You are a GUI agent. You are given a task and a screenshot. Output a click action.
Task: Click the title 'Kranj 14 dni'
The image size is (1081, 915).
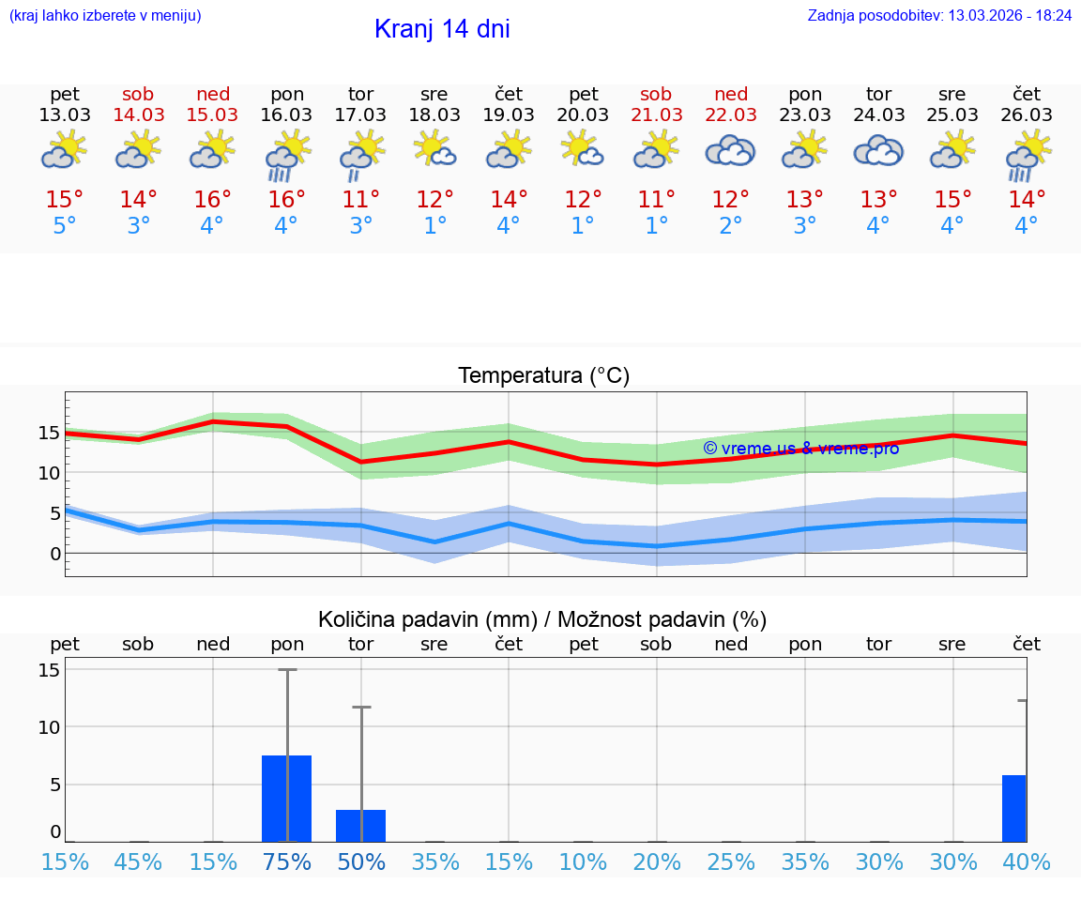(442, 29)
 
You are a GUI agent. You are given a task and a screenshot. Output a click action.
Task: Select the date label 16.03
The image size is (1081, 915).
(286, 114)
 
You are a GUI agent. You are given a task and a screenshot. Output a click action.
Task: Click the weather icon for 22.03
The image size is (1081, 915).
(730, 150)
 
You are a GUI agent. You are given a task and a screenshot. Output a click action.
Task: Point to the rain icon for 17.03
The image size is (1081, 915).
(360, 151)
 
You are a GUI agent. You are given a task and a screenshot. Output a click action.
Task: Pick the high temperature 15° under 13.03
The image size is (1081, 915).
(65, 200)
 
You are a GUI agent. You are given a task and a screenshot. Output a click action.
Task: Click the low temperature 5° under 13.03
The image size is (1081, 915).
(65, 226)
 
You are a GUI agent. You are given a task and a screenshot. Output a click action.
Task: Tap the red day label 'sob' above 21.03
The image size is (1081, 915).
(656, 94)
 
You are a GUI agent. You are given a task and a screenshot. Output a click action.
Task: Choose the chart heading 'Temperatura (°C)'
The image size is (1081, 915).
(543, 376)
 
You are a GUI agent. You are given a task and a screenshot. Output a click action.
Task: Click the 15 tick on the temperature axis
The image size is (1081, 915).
(49, 433)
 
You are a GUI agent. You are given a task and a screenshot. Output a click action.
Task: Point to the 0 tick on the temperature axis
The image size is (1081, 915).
(54, 554)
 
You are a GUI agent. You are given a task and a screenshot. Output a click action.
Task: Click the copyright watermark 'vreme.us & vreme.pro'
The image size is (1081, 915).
(801, 448)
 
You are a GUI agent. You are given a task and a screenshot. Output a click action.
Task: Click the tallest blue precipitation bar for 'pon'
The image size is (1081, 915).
(286, 798)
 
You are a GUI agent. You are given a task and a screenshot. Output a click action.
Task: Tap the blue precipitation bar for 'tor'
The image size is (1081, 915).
(360, 825)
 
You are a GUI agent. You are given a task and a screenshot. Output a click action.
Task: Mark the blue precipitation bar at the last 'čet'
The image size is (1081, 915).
(1014, 808)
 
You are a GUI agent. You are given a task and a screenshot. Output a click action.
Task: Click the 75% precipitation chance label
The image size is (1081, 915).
(287, 862)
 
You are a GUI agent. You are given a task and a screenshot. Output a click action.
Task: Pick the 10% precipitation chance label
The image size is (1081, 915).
(583, 862)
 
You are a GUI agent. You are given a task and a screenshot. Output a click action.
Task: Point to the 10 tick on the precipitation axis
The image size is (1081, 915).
(49, 727)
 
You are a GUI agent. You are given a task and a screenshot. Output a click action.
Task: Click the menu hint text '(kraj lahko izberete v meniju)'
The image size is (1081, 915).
(104, 15)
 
